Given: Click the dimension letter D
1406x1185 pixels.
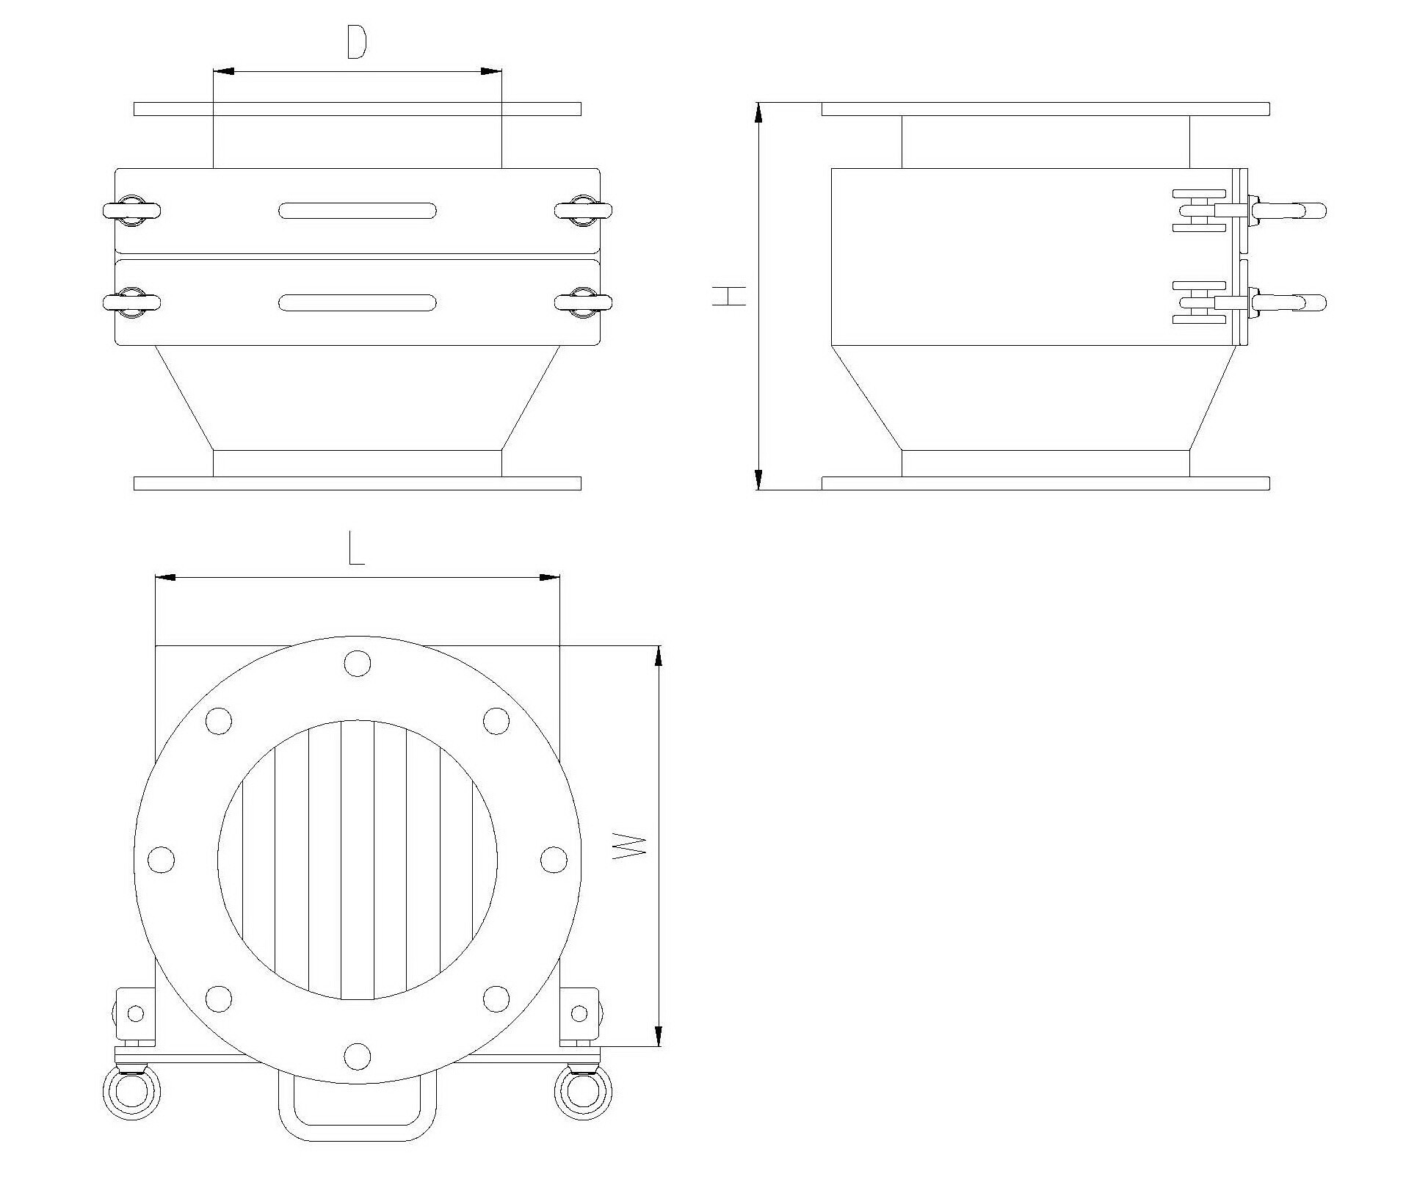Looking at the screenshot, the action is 356,44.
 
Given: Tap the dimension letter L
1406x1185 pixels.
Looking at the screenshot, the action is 356,551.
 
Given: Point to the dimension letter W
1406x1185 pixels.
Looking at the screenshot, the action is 628,847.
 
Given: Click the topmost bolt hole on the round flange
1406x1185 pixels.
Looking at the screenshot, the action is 358,663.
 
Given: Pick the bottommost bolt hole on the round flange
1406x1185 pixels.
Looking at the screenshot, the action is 358,1056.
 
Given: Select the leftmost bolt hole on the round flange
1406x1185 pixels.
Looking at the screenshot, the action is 162,859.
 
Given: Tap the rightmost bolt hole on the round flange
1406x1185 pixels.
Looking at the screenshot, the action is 554,859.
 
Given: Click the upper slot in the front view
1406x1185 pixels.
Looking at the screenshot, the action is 358,211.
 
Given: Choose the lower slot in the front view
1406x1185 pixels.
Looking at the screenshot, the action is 358,302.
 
